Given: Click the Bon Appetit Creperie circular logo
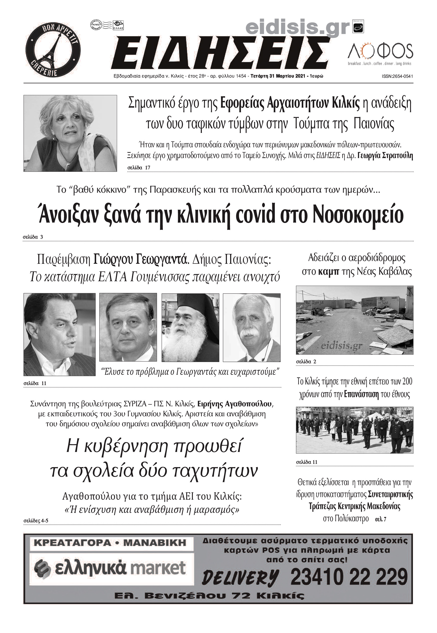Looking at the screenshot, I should point(53,50).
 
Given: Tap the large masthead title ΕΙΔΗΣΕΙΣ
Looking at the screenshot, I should point(220,53).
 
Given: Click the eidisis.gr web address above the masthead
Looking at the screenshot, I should point(297,28).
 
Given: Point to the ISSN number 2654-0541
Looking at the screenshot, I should point(397,77).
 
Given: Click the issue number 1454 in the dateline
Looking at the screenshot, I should point(241,76).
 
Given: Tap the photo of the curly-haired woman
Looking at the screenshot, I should point(70,133).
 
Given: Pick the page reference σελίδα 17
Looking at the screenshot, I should point(139,168).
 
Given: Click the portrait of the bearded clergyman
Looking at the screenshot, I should point(190,327).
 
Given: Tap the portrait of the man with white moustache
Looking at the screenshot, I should point(251,327).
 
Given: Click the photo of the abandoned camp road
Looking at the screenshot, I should point(355,320).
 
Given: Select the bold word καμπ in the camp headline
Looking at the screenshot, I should point(329,272).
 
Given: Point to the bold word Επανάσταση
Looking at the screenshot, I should point(362,394).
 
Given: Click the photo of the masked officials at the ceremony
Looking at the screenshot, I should point(355,430).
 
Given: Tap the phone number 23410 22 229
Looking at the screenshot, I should point(349,577).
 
